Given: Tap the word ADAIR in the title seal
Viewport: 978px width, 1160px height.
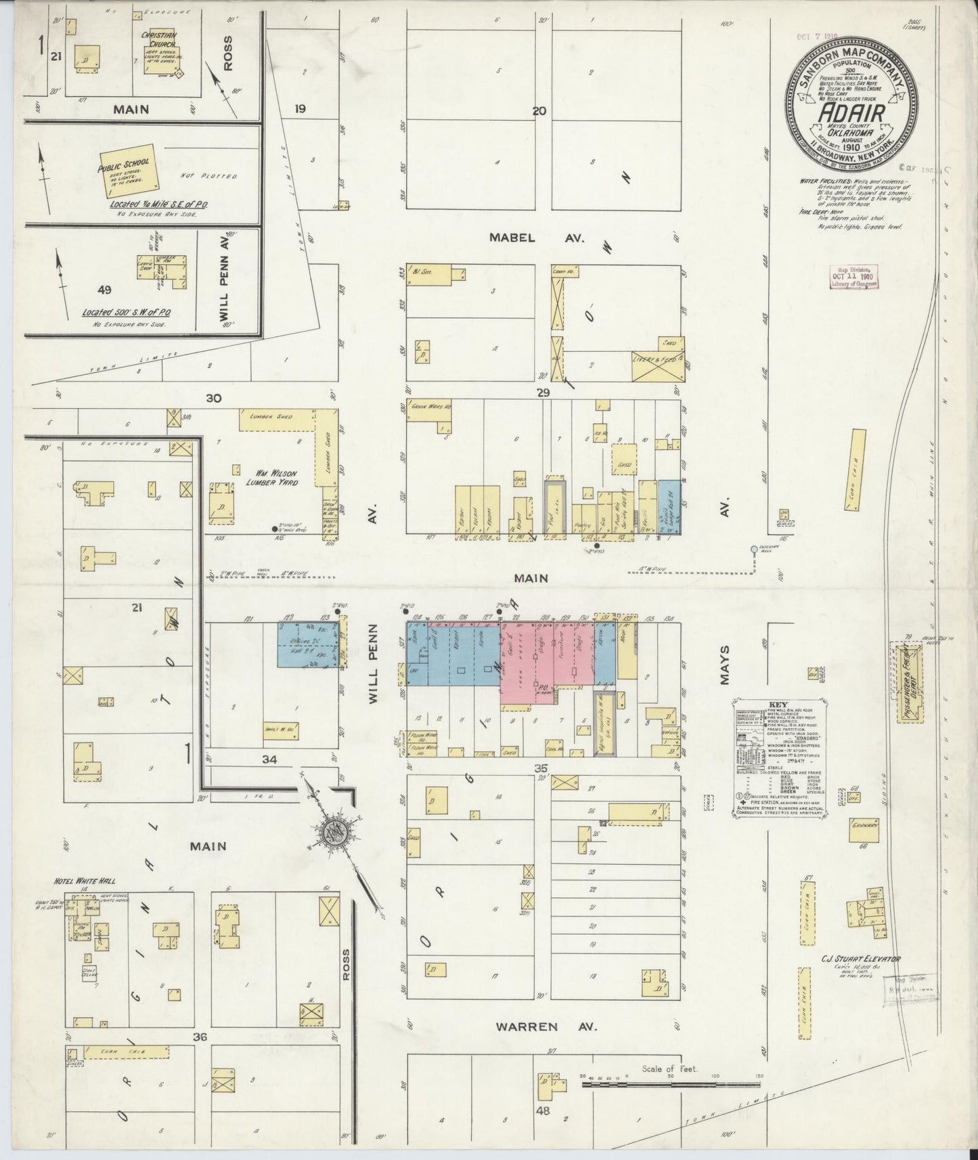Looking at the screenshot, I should click(x=851, y=112).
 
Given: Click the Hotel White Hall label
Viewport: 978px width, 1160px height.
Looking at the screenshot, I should click(x=85, y=881).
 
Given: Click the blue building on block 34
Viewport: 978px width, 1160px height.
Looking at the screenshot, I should click(x=308, y=645).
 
